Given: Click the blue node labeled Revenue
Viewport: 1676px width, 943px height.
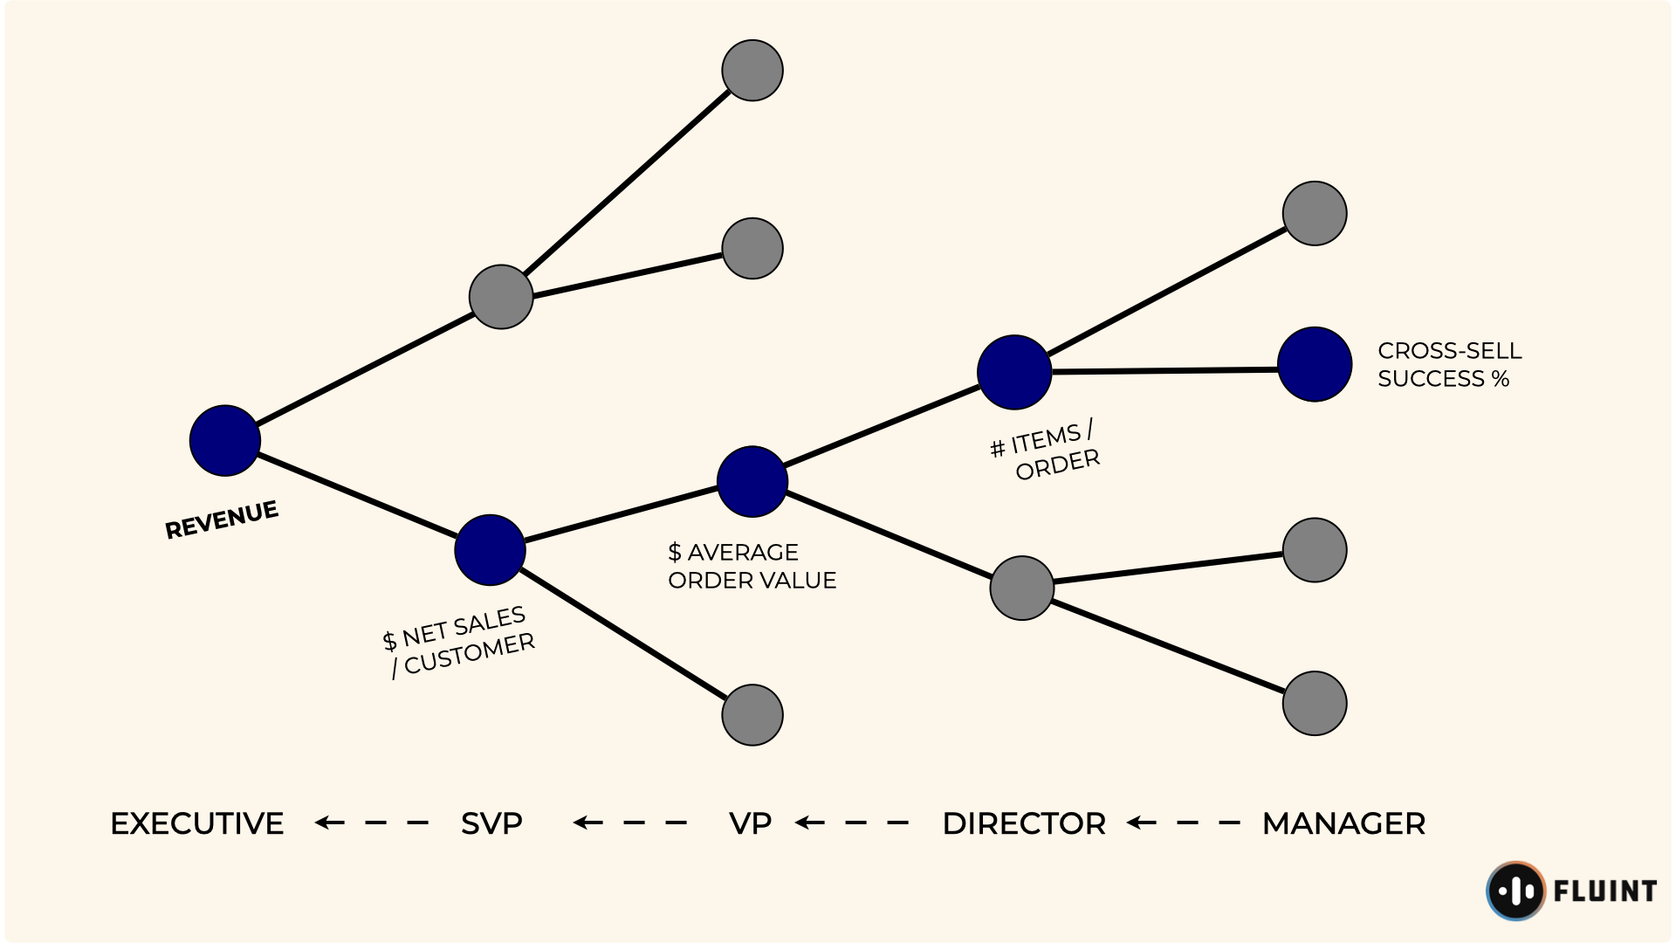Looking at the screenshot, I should click(x=225, y=440).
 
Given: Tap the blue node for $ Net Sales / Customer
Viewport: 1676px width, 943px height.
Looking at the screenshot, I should click(x=490, y=549).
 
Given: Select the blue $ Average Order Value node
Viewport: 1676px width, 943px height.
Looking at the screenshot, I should click(x=752, y=481).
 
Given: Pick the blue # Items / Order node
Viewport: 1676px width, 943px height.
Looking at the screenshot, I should click(x=1013, y=372).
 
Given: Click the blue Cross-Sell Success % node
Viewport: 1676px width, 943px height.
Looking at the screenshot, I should click(x=1314, y=364).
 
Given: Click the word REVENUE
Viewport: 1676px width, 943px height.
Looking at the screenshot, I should click(x=222, y=520).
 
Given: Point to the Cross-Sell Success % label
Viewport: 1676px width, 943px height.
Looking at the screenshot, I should click(x=1449, y=364).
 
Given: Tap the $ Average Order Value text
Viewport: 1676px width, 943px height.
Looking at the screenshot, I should click(x=752, y=566).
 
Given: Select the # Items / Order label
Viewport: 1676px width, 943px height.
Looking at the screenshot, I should click(x=1046, y=451).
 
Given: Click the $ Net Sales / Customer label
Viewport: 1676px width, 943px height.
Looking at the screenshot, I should click(x=458, y=642).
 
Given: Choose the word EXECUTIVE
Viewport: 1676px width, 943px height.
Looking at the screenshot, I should click(x=197, y=823).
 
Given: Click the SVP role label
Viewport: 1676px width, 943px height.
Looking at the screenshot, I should click(x=491, y=823).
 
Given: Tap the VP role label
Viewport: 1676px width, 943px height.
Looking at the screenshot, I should click(x=750, y=823).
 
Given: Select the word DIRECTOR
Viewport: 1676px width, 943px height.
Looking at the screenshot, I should click(x=1024, y=823).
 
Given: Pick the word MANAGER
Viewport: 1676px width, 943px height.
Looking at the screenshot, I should click(x=1343, y=823).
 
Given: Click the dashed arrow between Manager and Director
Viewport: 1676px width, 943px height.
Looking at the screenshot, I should click(x=1183, y=823).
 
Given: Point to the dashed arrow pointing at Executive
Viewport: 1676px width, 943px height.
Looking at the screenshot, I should click(x=371, y=823).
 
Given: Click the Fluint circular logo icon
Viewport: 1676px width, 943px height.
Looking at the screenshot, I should click(x=1515, y=891).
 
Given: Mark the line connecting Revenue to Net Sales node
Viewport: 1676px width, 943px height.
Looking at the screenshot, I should click(x=358, y=495).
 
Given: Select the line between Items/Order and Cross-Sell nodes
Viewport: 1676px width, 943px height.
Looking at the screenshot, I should click(x=1165, y=371).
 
